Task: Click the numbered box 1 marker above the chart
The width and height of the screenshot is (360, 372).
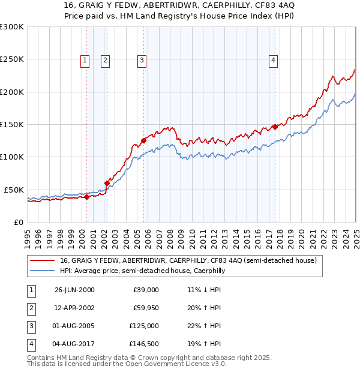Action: click(85, 59)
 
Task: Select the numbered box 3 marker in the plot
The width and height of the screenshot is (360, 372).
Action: click(142, 59)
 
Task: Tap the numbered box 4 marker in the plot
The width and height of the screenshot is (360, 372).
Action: click(273, 59)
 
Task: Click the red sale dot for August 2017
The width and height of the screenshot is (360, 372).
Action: click(275, 127)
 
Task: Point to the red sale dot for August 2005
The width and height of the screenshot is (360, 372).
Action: click(143, 141)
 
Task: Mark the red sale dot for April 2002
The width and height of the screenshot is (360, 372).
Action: click(107, 183)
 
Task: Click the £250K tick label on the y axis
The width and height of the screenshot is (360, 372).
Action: click(12, 59)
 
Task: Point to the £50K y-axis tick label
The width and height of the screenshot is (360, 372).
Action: click(14, 190)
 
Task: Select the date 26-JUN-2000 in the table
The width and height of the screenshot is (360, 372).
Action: click(74, 290)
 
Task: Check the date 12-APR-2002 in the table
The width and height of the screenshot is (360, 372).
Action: click(74, 308)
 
